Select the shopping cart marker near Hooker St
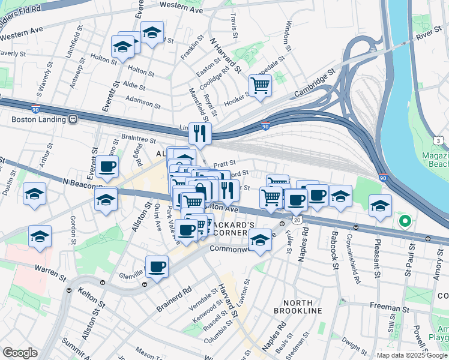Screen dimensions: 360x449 point(260,85)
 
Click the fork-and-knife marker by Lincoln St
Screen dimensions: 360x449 point(200,133)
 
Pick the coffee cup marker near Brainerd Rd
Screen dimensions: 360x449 point(157,266)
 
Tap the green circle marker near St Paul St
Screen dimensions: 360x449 point(405,221)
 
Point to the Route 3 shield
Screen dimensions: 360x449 point(439,140)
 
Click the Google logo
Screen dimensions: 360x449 point(20,353)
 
